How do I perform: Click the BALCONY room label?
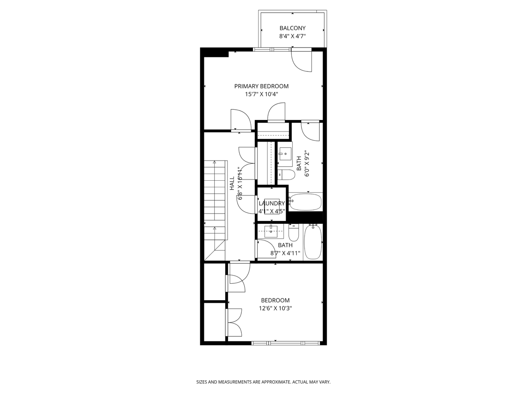(x=292, y=28)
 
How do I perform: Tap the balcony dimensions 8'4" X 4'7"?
(x=292, y=36)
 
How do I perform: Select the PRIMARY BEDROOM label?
(x=261, y=86)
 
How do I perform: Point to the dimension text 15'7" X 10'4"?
(x=261, y=94)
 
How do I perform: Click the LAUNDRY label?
(x=272, y=203)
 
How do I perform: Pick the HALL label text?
(x=232, y=183)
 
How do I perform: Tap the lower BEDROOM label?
(x=275, y=301)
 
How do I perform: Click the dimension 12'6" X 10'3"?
(x=275, y=308)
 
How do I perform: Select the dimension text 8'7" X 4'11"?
(x=285, y=253)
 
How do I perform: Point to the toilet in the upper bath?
(x=286, y=175)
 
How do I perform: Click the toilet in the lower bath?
(x=293, y=233)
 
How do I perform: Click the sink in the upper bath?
(x=284, y=154)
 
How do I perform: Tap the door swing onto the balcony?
(x=302, y=60)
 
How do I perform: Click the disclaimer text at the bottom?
(x=263, y=382)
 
